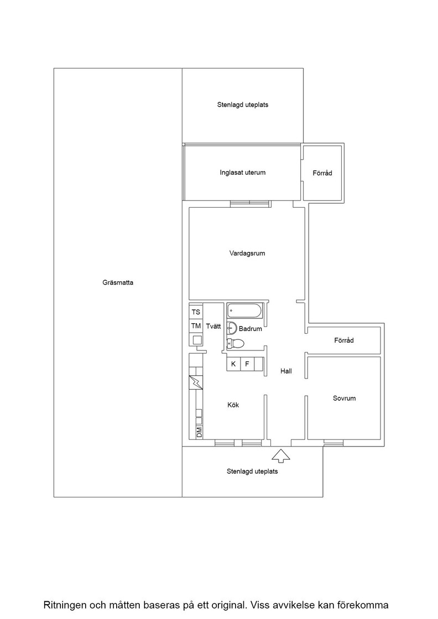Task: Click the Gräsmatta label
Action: pyautogui.click(x=118, y=282)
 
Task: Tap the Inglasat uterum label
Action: pyautogui.click(x=242, y=172)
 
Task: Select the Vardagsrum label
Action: pyautogui.click(x=247, y=254)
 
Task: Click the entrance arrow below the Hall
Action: pyautogui.click(x=281, y=455)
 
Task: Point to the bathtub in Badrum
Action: pyautogui.click(x=244, y=311)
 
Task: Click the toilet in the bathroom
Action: pyautogui.click(x=236, y=344)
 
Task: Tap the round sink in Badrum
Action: pyautogui.click(x=232, y=328)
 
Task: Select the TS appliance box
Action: pyautogui.click(x=196, y=312)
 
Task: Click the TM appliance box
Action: pyautogui.click(x=196, y=326)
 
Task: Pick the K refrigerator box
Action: pyautogui.click(x=233, y=364)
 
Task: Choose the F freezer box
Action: pyautogui.click(x=247, y=364)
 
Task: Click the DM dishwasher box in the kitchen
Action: pyautogui.click(x=199, y=432)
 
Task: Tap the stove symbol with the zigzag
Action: pyautogui.click(x=196, y=382)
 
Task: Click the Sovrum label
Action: pyautogui.click(x=345, y=398)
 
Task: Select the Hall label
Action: pyautogui.click(x=286, y=371)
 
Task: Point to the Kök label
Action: pyautogui.click(x=233, y=405)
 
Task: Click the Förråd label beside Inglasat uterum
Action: pyautogui.click(x=322, y=173)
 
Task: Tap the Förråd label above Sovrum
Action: pyautogui.click(x=344, y=340)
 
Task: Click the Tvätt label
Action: pyautogui.click(x=213, y=327)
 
